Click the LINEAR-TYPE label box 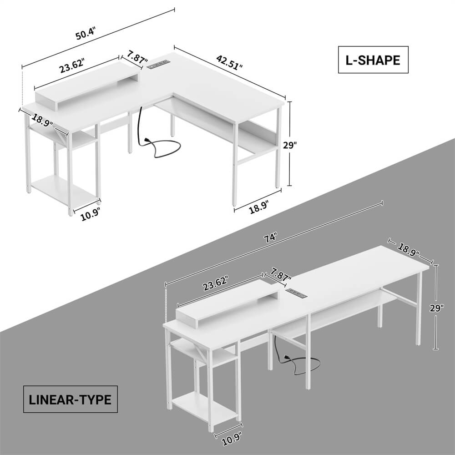coord(70,400)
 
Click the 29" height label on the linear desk coord(436,308)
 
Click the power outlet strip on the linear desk coord(298,291)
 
